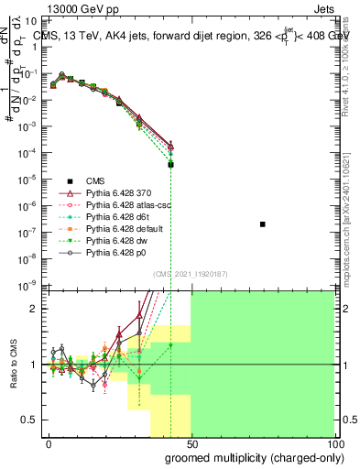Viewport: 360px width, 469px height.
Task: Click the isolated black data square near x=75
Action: click(x=263, y=224)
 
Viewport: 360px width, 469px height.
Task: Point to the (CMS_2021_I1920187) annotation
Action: click(x=191, y=274)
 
